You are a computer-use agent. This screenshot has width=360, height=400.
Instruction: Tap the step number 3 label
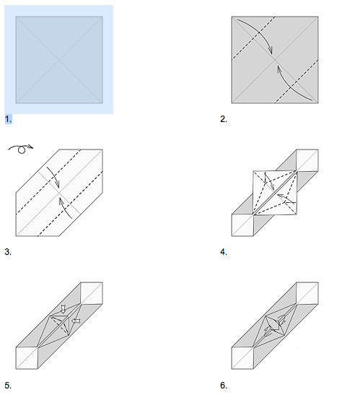8,252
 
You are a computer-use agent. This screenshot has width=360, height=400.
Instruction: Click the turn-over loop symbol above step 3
19,149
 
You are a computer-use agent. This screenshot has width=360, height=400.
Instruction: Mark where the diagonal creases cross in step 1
59,59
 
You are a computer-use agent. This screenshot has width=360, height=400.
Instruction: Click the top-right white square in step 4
307,161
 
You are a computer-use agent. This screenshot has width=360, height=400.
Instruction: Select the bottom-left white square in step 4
242,225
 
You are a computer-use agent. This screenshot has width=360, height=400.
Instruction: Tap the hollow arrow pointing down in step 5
63,309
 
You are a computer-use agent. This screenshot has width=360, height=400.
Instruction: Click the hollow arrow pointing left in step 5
76,321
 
